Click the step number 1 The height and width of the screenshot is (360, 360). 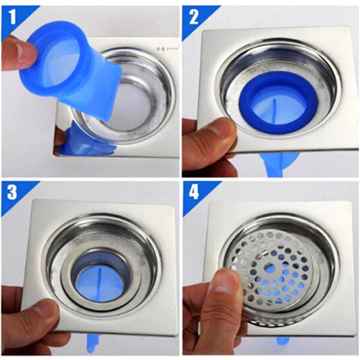[12, 18]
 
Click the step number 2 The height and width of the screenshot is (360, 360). [194, 17]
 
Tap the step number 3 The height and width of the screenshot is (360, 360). [12, 192]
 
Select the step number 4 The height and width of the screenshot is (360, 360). [194, 192]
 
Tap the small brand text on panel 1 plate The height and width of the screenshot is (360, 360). [170, 49]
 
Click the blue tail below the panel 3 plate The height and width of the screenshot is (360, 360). [93, 344]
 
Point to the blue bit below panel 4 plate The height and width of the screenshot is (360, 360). [283, 341]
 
